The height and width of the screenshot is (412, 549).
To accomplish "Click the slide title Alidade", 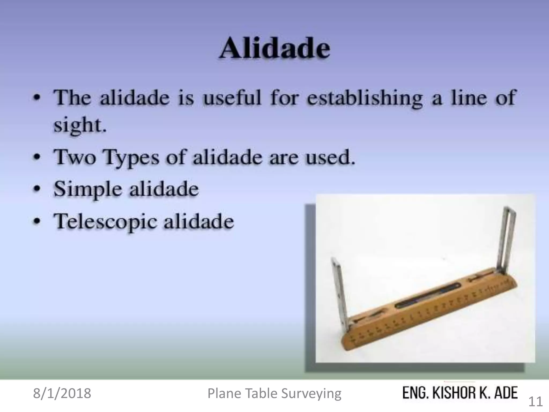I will pos(274,49).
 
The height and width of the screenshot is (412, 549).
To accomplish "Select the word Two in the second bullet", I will pos(75,157).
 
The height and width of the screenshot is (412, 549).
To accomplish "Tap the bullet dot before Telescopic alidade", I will pos(38,222).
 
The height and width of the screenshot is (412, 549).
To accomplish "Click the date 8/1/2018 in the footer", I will pos(62,393).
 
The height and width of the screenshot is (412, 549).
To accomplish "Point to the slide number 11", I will pos(535,402).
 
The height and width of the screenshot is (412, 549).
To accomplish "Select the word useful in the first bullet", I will pos(232,98).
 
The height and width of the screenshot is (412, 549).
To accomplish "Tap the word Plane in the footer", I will pos(224,393).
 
